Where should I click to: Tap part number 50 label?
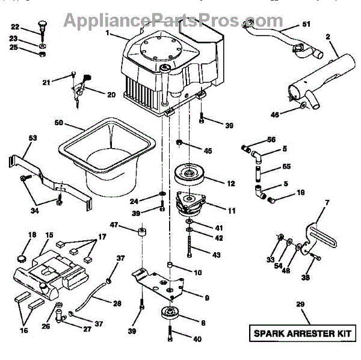[58, 123]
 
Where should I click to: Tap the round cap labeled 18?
[23, 257]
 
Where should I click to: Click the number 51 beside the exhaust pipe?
[306, 25]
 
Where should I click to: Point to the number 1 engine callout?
[107, 34]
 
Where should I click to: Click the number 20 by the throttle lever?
[111, 95]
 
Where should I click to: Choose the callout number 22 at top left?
[15, 26]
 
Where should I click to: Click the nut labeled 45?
[179, 142]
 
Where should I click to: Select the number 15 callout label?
[49, 235]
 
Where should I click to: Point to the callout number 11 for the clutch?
[214, 211]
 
